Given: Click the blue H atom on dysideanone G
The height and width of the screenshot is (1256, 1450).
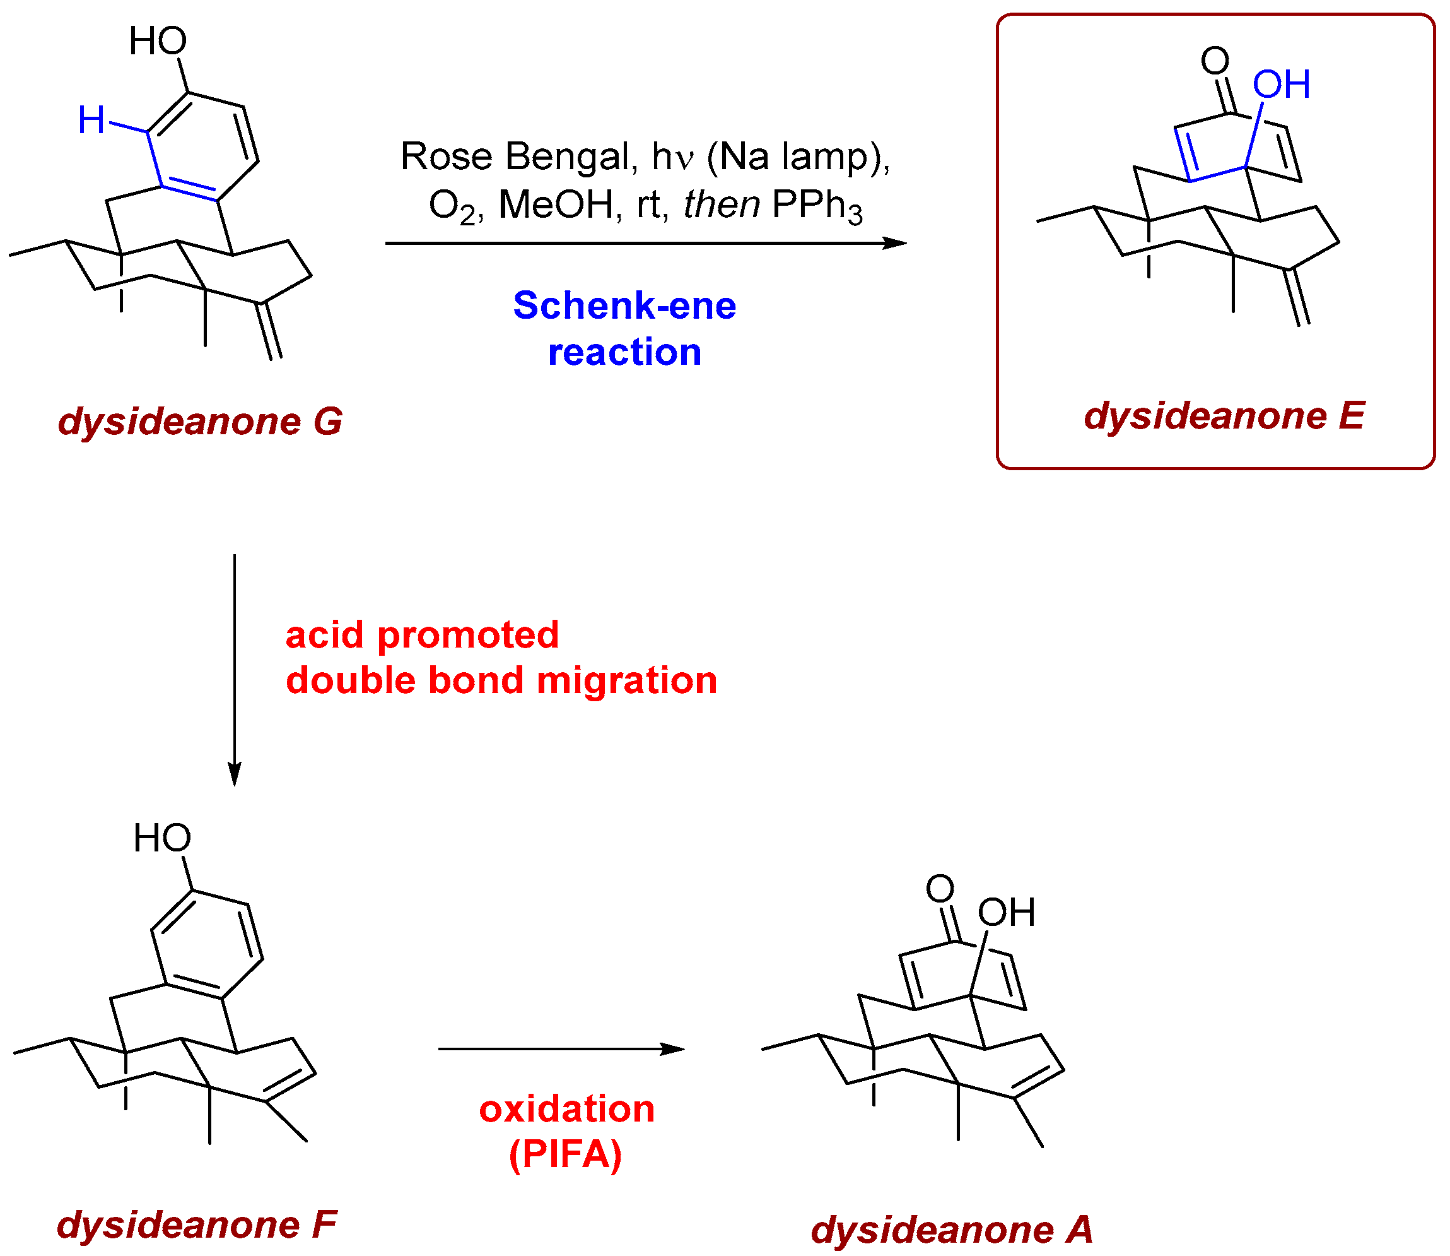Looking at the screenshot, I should point(91,120).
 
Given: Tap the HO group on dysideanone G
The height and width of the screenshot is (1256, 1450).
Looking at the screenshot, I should point(158,42).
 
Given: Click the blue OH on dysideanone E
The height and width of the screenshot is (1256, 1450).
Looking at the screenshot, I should point(1281,85).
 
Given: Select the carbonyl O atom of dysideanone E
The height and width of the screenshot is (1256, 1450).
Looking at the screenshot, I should point(1215,61).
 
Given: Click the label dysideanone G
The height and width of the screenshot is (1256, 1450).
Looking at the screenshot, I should point(201,421).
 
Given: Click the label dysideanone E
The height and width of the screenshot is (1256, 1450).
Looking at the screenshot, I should point(1224,417).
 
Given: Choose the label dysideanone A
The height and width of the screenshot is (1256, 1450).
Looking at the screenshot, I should point(951,1229).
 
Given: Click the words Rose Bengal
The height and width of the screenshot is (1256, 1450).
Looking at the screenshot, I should point(515,157).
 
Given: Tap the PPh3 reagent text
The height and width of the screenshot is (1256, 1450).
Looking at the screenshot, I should point(817,206).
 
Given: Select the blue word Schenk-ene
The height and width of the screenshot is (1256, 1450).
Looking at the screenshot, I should point(624,305).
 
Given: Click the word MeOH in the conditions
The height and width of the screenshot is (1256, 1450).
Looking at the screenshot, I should point(556,205).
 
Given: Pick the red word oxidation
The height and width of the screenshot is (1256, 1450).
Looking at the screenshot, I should point(566,1109).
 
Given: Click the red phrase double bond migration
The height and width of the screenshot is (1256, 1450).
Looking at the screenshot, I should point(501,680).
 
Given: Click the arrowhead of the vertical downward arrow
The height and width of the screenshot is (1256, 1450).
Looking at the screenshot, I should point(235,774).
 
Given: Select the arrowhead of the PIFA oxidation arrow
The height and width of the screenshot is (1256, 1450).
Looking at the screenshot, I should point(674,1049).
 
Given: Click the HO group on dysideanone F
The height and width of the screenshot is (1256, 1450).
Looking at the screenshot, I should point(162,838).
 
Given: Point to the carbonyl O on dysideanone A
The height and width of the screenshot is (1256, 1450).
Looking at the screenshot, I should point(940,889).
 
